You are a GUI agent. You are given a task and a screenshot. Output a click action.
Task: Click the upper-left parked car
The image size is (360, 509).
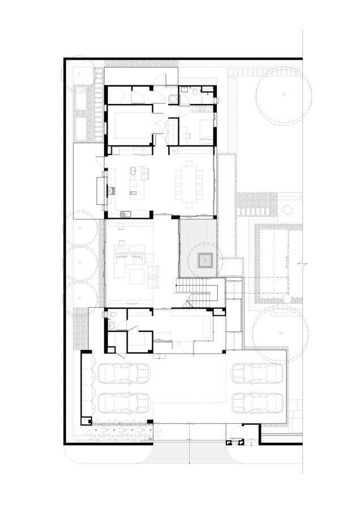pos(124,374)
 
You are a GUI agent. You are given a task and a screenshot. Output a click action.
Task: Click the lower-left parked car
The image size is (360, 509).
pos(124,403)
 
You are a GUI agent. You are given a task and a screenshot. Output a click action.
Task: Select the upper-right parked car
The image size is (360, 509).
pos(258,374)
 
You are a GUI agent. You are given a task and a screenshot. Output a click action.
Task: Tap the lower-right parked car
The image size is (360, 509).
pos(258,403)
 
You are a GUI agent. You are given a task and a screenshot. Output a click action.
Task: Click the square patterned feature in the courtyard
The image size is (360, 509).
pos(203,260)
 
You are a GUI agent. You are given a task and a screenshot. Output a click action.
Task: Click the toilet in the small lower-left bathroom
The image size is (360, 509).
pos(112,315)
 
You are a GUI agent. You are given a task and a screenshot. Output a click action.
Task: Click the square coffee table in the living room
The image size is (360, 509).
pos(136,276)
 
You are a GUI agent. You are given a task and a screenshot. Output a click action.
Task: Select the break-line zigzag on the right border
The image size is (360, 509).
pos(302,264)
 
